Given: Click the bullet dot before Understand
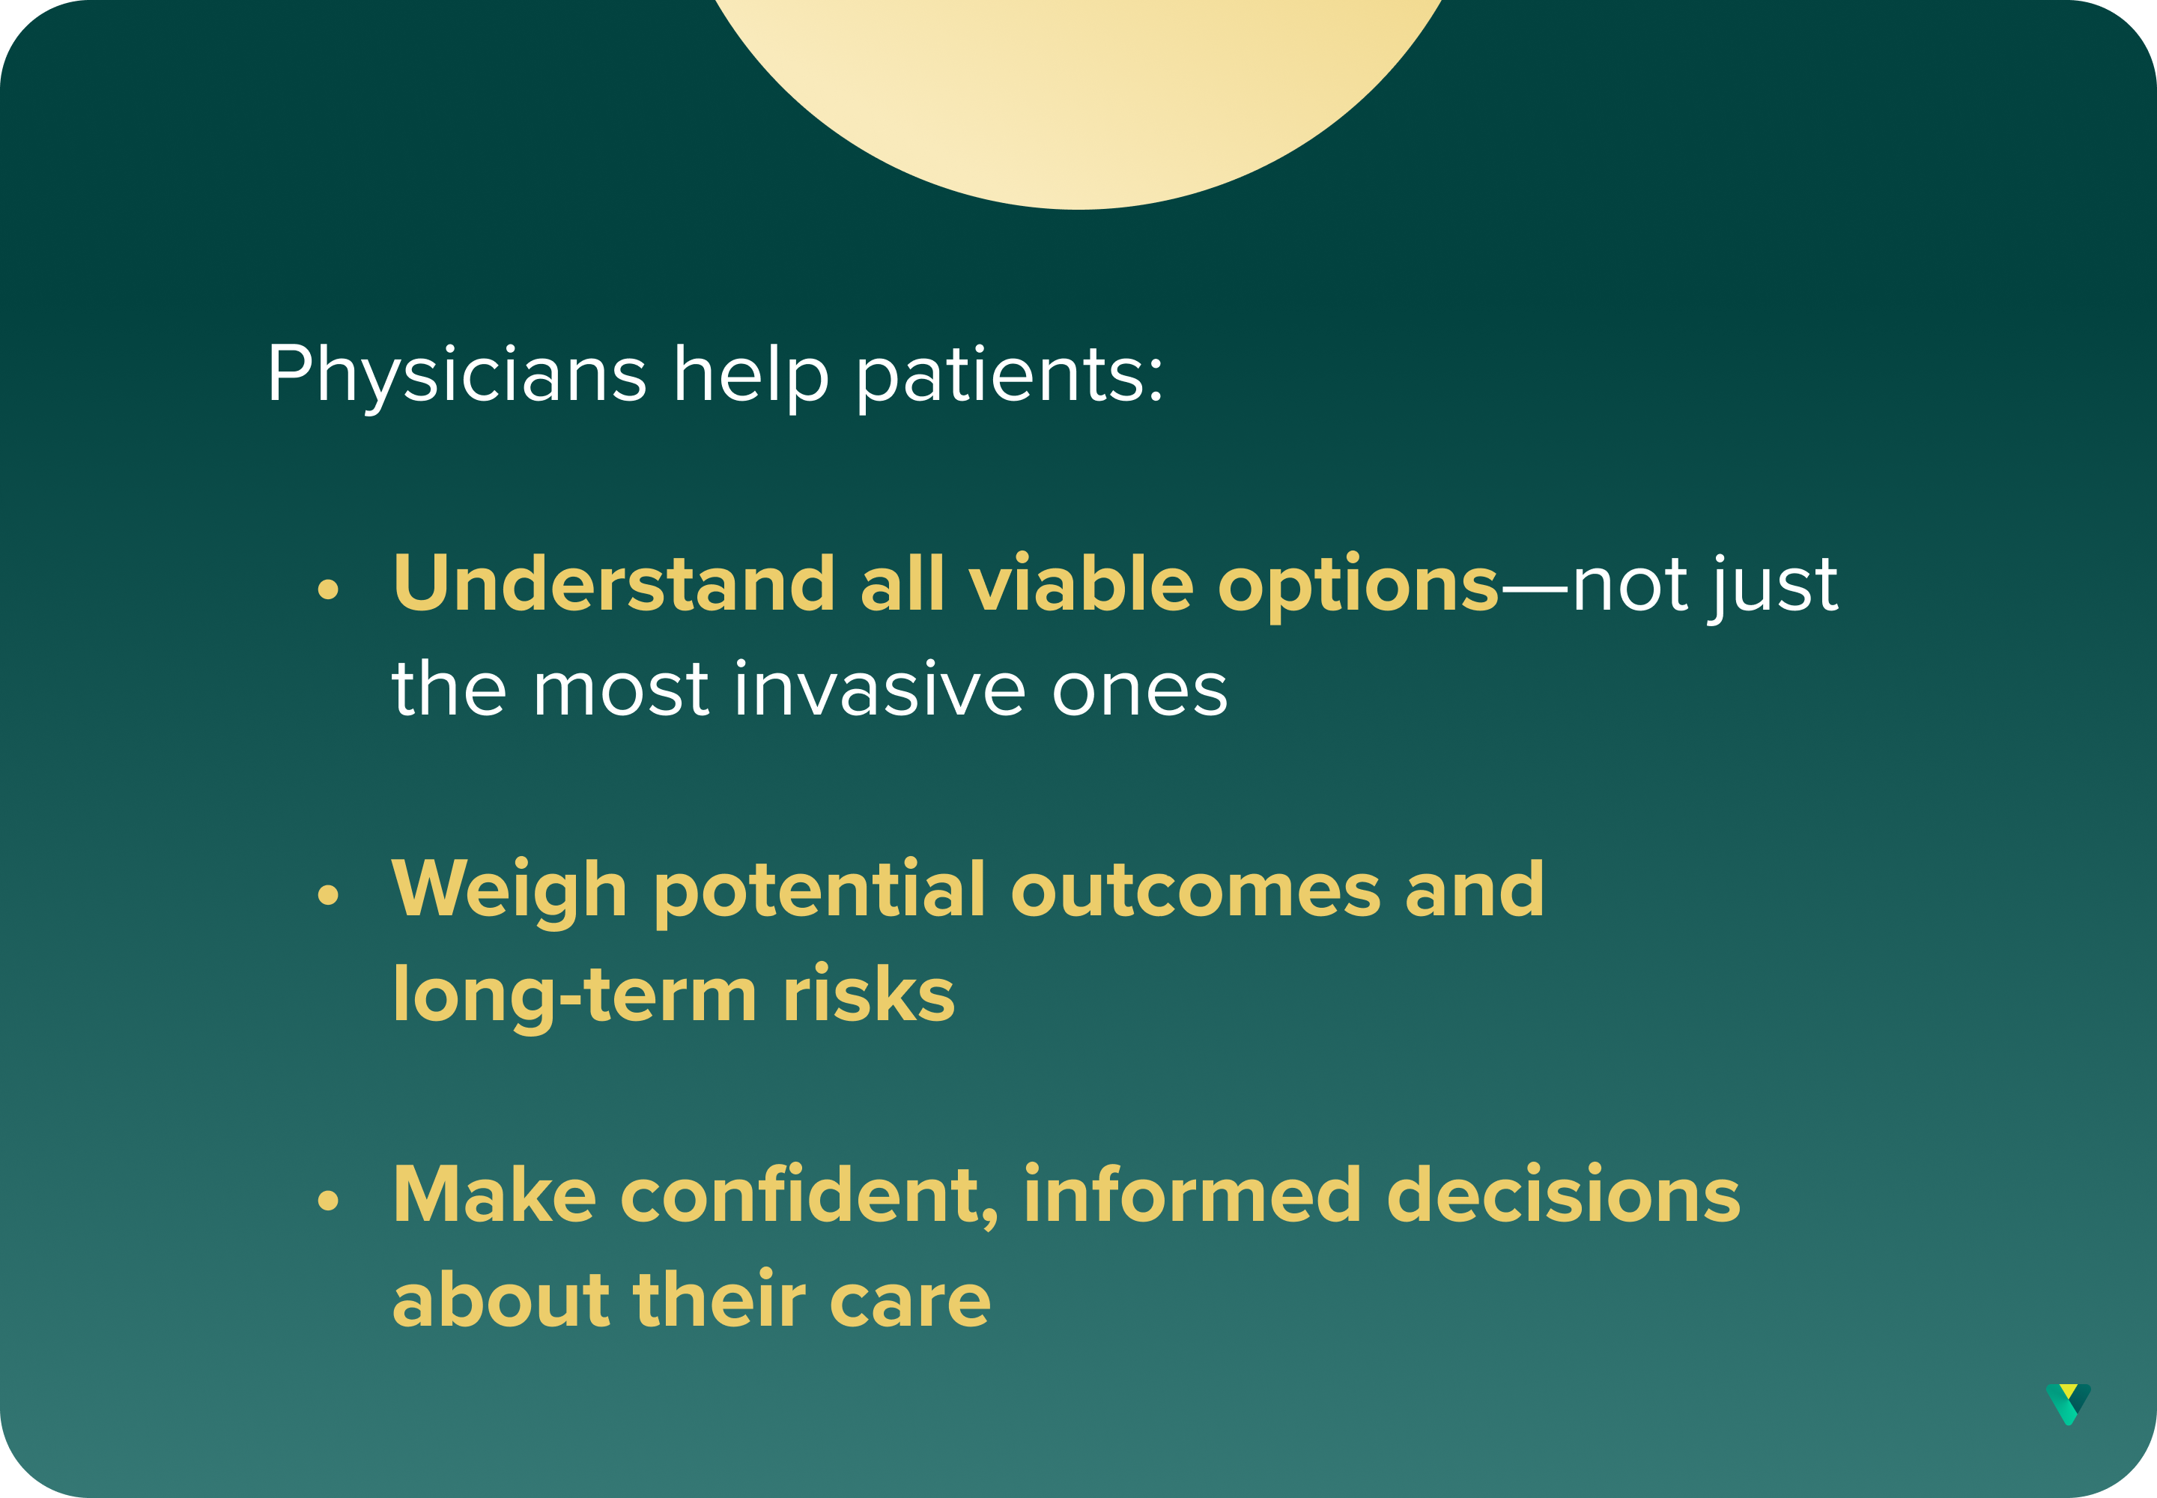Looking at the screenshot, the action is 327,589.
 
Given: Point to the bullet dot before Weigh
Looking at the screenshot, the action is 327,894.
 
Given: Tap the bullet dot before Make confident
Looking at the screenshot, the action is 327,1200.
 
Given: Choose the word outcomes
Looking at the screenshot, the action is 1195,891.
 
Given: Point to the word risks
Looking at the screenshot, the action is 868,992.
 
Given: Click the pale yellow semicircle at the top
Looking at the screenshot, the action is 1078,103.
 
